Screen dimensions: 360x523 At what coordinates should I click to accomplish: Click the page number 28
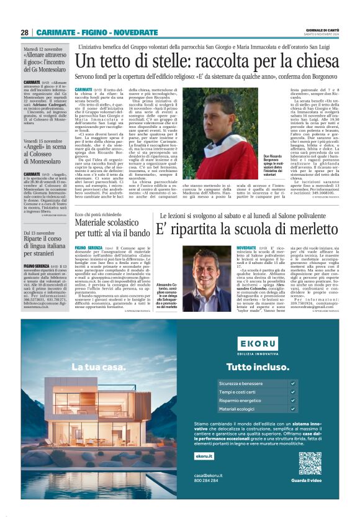(25, 32)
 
